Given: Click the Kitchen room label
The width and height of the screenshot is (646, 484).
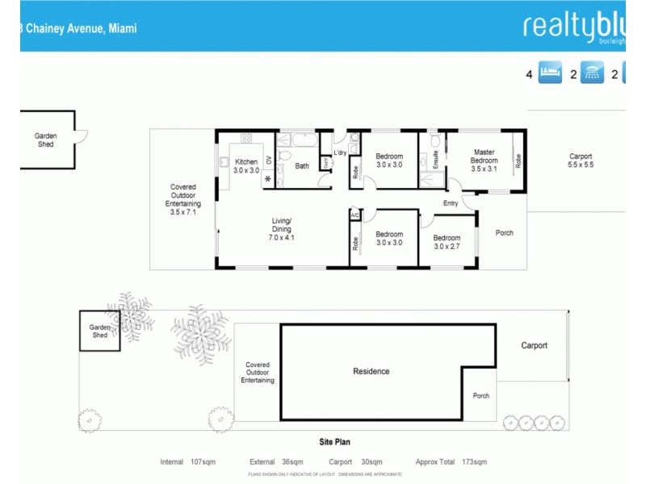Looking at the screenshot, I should pyautogui.click(x=246, y=162).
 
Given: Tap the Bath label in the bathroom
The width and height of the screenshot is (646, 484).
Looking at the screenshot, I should pyautogui.click(x=302, y=166).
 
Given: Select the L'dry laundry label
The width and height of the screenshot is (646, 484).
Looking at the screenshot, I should pyautogui.click(x=339, y=152).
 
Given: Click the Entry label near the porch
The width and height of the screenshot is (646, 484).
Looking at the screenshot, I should pyautogui.click(x=451, y=203).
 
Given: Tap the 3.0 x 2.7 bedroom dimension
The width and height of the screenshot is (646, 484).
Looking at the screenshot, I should pyautogui.click(x=447, y=247).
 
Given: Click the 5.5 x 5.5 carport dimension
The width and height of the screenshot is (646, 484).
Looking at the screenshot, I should pyautogui.click(x=581, y=165).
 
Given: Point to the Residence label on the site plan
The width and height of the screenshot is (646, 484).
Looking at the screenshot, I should pyautogui.click(x=371, y=371).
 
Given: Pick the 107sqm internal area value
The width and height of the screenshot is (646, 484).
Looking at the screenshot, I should pyautogui.click(x=203, y=462).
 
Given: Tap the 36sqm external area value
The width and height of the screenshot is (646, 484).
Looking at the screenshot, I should pyautogui.click(x=290, y=462).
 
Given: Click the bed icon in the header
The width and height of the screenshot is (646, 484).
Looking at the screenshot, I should pyautogui.click(x=550, y=74).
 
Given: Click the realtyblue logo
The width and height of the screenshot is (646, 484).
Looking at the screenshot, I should pyautogui.click(x=574, y=26).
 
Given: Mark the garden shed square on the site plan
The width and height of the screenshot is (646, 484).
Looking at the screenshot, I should pyautogui.click(x=99, y=332).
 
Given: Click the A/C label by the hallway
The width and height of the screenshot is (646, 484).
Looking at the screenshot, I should pyautogui.click(x=354, y=215).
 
